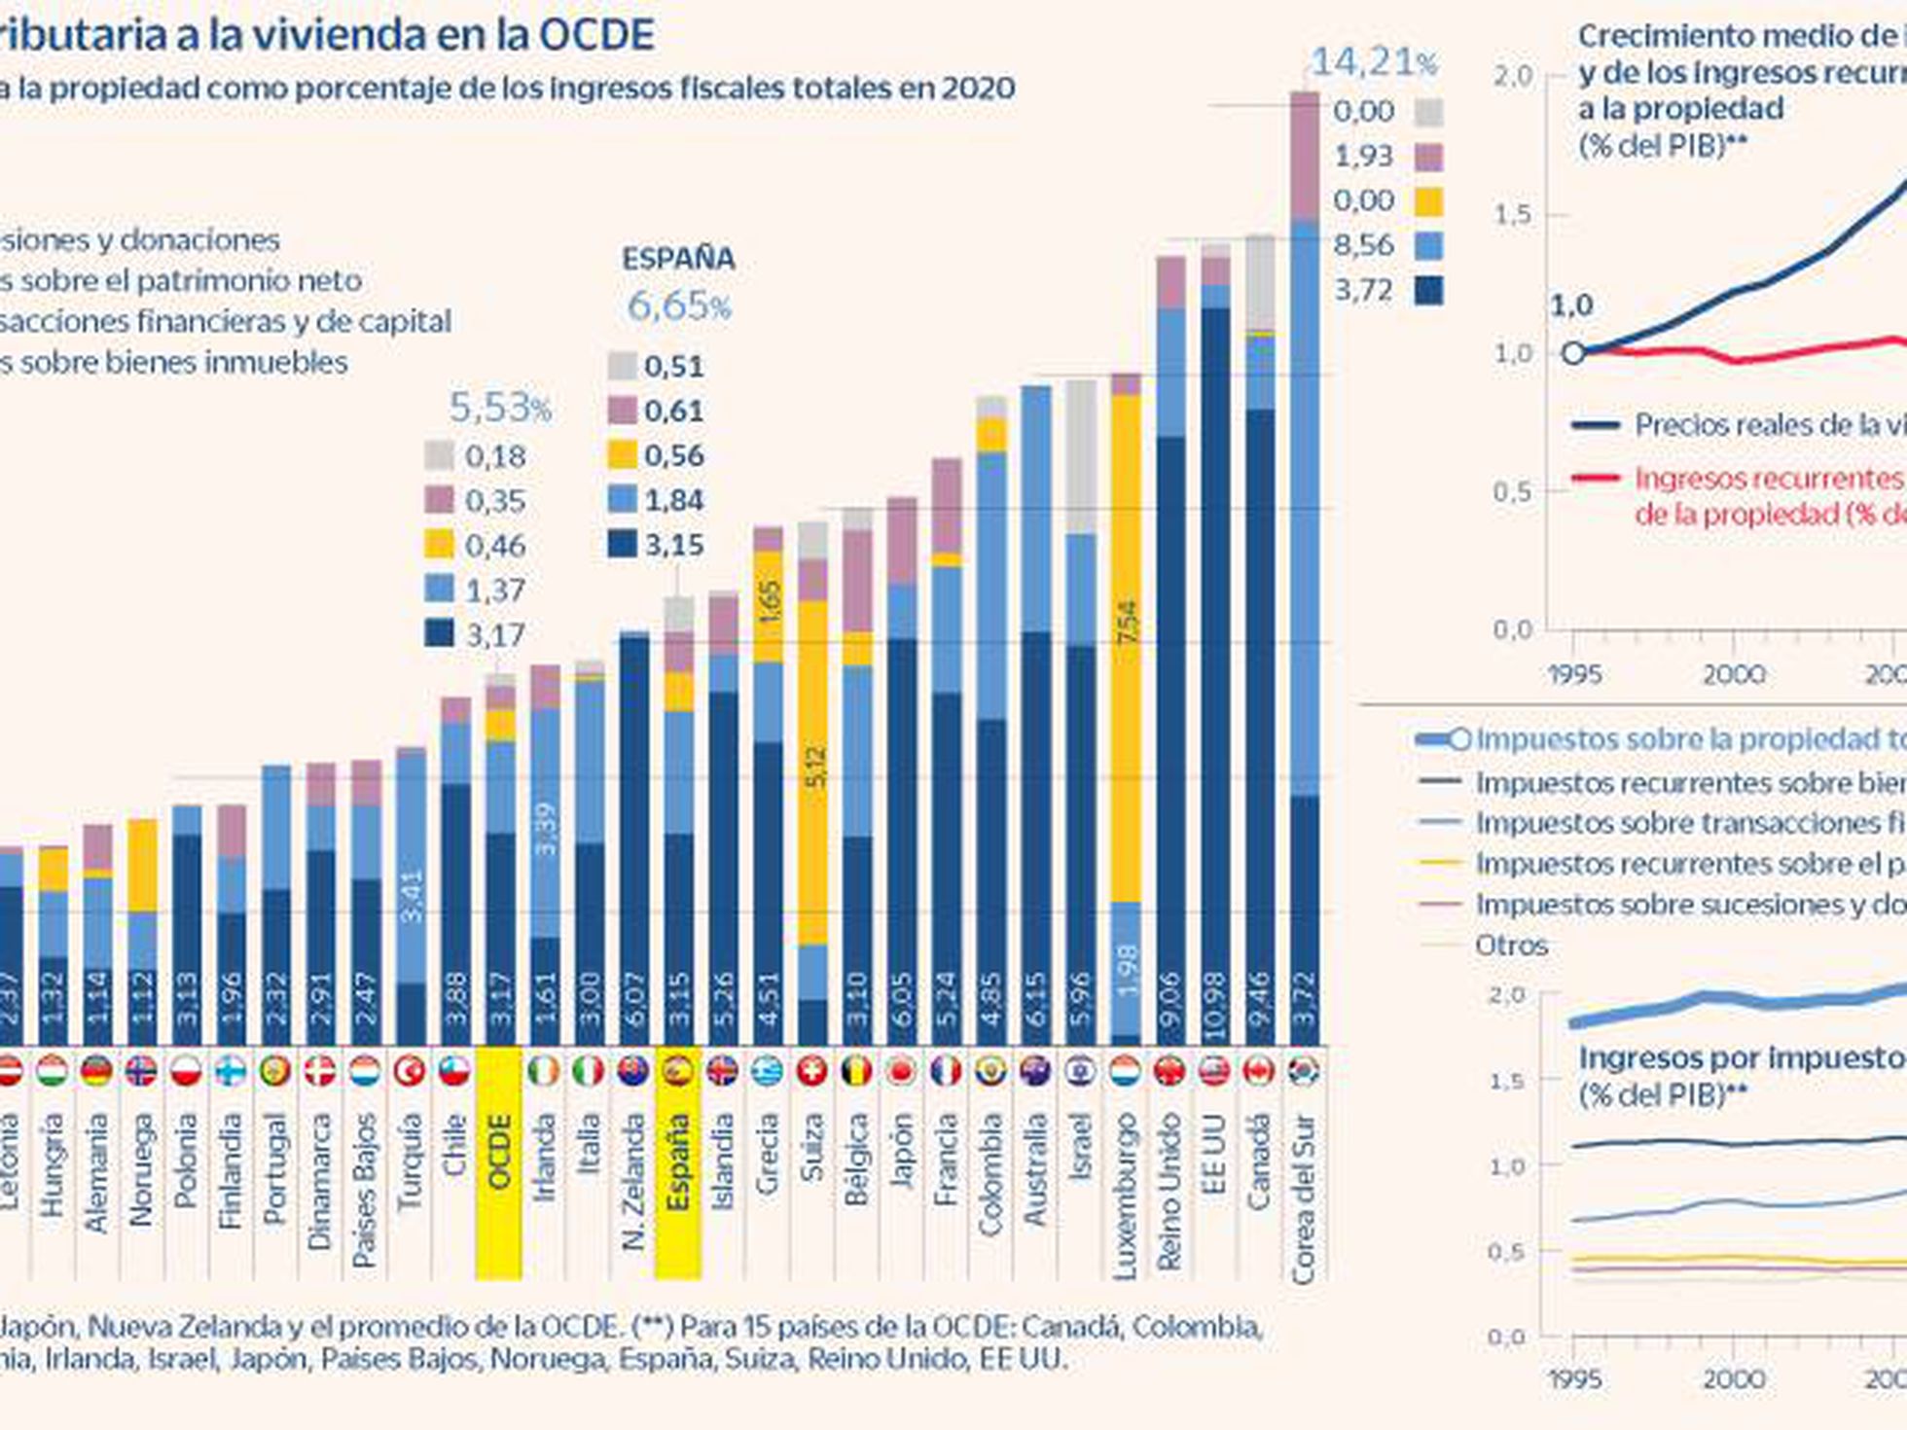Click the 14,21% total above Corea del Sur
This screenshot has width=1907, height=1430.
click(1373, 62)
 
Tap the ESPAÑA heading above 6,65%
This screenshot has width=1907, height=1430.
click(678, 259)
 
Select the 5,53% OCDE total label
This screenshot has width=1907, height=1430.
click(500, 408)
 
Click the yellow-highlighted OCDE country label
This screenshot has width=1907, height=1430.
click(498, 1153)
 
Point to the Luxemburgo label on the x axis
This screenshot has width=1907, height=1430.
click(1125, 1195)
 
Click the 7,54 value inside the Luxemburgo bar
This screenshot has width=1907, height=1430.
click(1127, 622)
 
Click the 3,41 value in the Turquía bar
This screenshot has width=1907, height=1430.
click(412, 895)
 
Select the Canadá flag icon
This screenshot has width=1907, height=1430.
click(1259, 1071)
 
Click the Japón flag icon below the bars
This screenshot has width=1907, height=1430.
click(902, 1071)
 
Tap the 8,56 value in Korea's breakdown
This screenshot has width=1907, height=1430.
click(1363, 245)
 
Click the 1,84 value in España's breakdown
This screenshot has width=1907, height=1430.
click(673, 500)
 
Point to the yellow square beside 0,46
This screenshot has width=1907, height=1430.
click(439, 545)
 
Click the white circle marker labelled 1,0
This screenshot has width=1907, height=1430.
click(1573, 353)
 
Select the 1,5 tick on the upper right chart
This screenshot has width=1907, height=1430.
click(1513, 215)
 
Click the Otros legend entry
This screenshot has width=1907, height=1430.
click(1510, 945)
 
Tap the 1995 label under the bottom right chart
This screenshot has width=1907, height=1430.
click(1573, 1378)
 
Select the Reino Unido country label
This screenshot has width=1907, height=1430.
click(1169, 1192)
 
